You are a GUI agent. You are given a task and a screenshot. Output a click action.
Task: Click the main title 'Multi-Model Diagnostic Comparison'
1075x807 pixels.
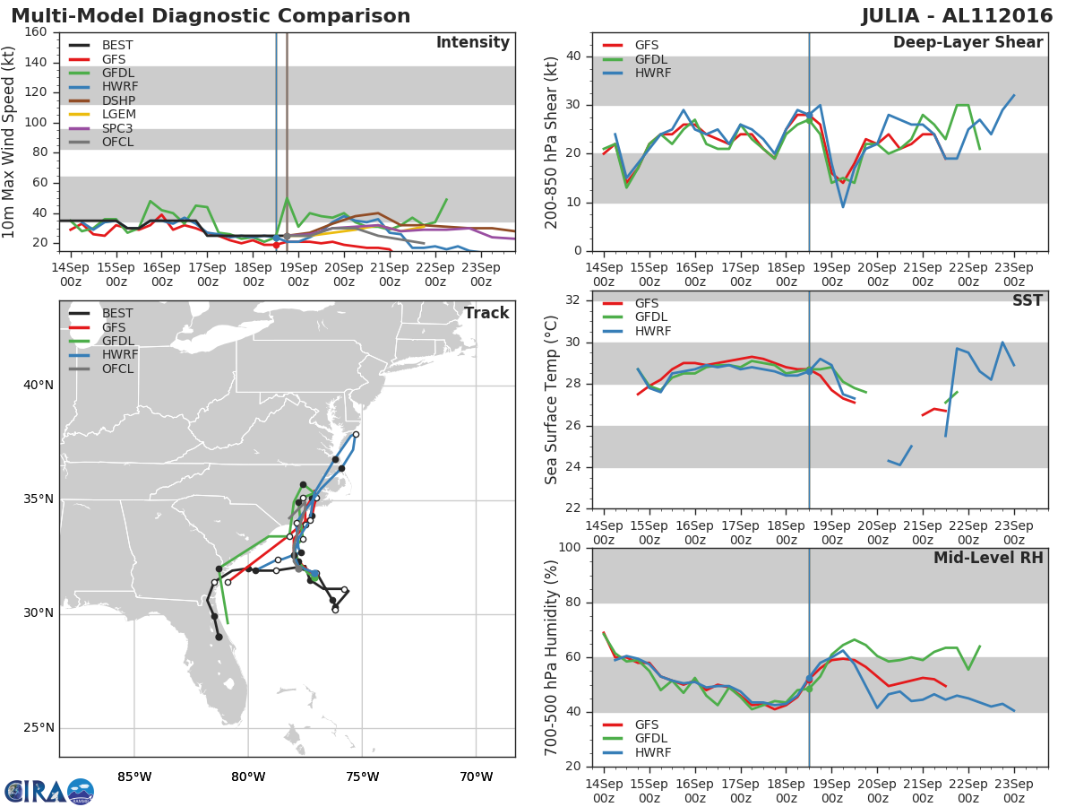(x=211, y=16)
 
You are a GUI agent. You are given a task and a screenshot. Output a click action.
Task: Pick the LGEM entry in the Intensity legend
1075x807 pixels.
(x=118, y=115)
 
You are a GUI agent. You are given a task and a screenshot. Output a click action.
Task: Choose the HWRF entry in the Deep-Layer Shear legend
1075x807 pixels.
(x=651, y=73)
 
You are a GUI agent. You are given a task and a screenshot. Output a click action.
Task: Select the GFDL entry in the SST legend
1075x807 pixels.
(x=651, y=317)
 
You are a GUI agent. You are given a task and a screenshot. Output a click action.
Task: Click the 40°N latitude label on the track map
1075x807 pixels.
(x=39, y=386)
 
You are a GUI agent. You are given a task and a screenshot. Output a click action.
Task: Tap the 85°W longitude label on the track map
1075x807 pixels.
(x=134, y=777)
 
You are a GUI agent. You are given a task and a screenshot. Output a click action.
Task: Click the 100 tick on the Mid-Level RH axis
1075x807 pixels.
(x=568, y=548)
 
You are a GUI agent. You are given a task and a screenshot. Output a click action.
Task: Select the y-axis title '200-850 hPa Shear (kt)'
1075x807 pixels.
(x=552, y=142)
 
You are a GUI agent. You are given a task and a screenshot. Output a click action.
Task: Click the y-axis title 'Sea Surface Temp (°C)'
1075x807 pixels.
(x=552, y=400)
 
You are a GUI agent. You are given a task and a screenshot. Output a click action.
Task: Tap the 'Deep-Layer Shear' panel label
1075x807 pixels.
(x=967, y=43)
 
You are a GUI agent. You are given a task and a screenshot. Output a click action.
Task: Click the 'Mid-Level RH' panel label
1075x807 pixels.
(x=988, y=558)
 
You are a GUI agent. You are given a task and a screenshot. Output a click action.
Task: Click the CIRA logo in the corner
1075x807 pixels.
(x=48, y=791)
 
